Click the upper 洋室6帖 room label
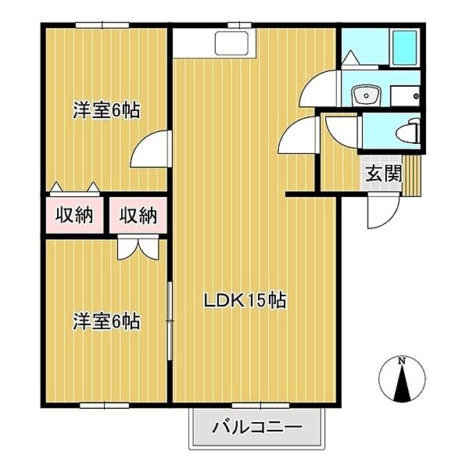107,110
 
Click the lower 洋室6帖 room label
107,320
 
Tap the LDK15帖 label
245,300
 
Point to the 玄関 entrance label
382,174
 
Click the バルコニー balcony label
257,428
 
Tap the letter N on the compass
401,361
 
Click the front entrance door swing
384,210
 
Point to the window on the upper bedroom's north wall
103,27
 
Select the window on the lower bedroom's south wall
103,404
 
